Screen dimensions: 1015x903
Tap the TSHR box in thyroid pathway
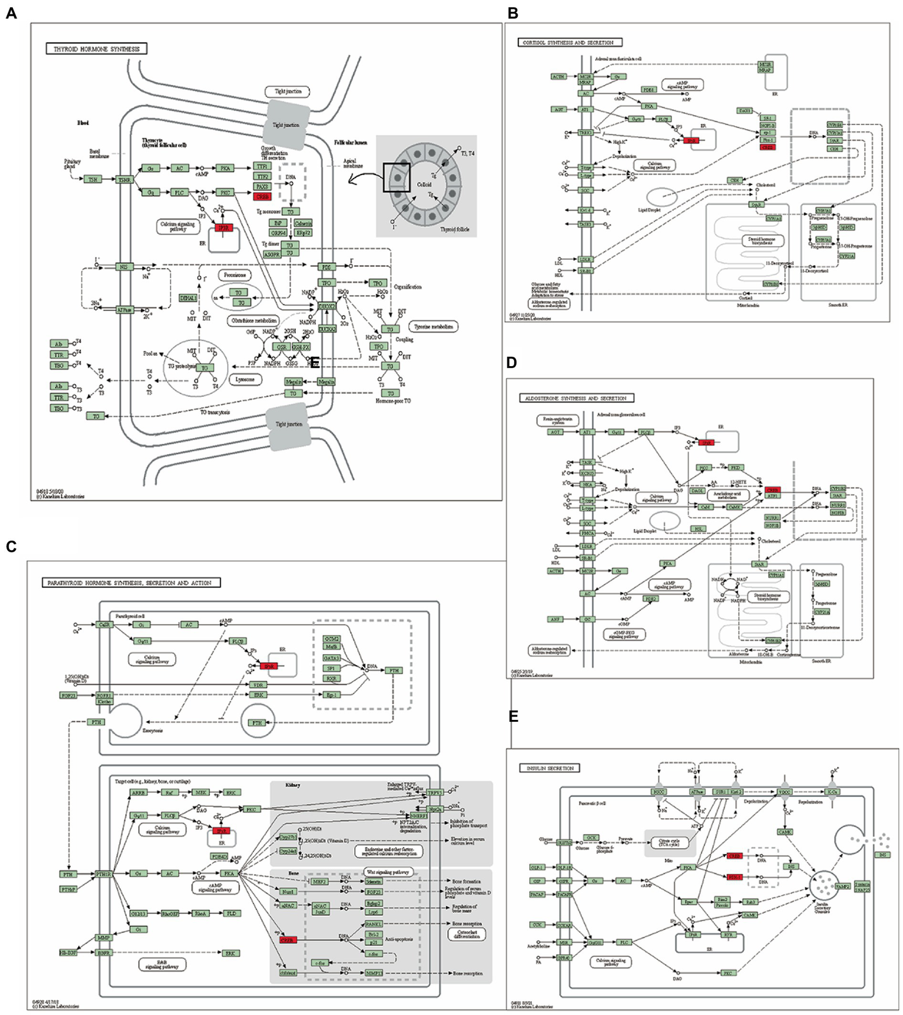(124, 179)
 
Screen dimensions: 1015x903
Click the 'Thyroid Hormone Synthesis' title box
(96, 49)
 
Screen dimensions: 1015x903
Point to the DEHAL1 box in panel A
(188, 298)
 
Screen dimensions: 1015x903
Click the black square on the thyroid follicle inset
(396, 177)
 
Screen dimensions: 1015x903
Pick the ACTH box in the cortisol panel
(558, 76)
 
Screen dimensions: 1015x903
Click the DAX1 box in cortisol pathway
(744, 110)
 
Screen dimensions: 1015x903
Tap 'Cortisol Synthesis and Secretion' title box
(569, 42)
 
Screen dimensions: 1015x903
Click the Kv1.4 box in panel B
(585, 210)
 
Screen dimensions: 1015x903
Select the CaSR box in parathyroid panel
(105, 624)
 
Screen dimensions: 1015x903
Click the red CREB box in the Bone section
(288, 940)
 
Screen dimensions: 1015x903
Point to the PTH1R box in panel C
(103, 874)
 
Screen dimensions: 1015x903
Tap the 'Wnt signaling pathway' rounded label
(388, 871)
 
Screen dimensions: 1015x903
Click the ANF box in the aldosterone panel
(555, 619)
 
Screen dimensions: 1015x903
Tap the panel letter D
(511, 363)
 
